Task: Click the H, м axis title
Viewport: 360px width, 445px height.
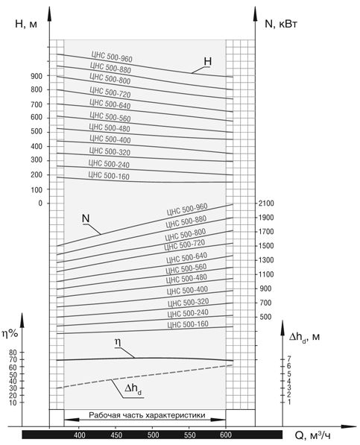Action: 26,24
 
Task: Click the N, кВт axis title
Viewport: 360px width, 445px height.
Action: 281,24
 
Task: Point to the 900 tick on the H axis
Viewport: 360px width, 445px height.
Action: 37,76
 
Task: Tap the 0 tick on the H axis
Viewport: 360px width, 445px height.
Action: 40,203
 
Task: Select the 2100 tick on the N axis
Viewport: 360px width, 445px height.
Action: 266,203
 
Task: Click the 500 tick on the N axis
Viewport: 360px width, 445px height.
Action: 265,317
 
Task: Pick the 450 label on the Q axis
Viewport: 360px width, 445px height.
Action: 116,435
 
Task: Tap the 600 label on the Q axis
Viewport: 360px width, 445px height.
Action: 226,435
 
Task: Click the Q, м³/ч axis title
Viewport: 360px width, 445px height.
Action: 313,435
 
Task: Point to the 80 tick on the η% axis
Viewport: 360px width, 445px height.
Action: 13,353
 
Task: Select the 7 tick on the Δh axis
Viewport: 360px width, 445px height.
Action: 289,359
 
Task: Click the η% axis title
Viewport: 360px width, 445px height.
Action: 10,334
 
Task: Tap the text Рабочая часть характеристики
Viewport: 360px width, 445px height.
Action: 147,415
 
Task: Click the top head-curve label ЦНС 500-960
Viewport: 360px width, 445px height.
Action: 112,57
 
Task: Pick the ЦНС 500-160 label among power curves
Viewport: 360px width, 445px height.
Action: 188,324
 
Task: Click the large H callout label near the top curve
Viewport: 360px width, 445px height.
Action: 208,62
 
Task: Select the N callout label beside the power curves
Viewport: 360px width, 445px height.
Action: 86,218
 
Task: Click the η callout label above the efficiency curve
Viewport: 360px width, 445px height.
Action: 118,343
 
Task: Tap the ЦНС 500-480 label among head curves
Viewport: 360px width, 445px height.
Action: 110,127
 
